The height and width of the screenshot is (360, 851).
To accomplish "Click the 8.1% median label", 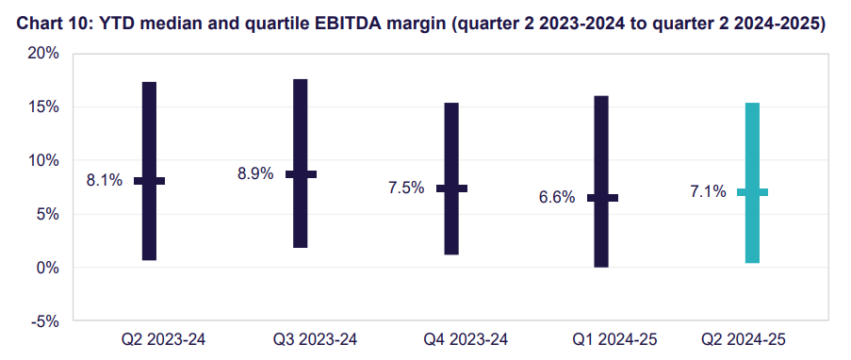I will coord(105,181).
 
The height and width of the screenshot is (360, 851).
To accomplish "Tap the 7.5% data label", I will coord(407,188).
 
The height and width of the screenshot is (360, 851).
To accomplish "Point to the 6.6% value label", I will coord(557,198).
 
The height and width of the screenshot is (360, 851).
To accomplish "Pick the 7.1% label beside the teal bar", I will coord(708,192).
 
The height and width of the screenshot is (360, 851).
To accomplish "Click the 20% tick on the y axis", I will coord(42,54).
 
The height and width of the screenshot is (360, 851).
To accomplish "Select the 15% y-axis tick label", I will coord(42,107).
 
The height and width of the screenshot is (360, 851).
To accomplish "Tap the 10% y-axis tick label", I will coord(42,160).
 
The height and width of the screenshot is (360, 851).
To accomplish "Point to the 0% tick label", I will coord(47,268).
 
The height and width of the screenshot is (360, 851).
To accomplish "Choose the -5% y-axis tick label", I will coord(44,321).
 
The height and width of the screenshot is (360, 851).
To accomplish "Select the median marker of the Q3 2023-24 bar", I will coord(301,174).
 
